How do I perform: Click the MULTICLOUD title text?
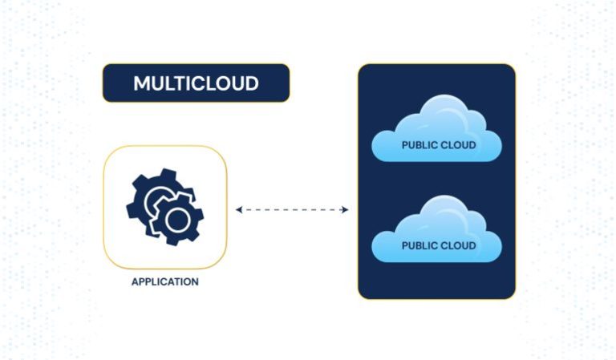(x=196, y=83)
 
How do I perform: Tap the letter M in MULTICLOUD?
(x=140, y=83)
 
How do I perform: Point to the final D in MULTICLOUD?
(x=251, y=83)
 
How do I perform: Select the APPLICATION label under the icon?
(x=164, y=282)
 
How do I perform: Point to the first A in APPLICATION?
(x=135, y=282)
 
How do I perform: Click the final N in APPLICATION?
(x=195, y=282)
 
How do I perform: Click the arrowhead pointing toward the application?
(x=239, y=210)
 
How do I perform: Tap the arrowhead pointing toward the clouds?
(x=345, y=210)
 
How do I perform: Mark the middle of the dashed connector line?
(x=292, y=210)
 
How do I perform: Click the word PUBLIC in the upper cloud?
(x=419, y=145)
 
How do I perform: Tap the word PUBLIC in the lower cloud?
(x=419, y=245)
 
